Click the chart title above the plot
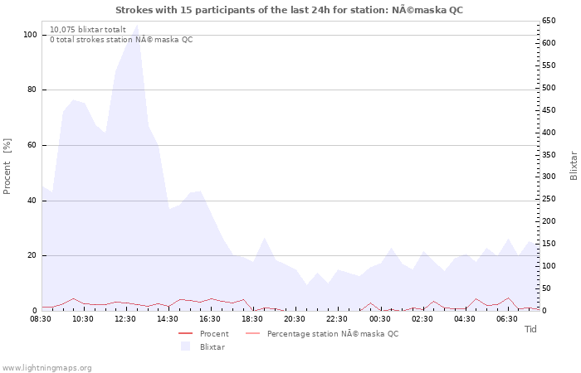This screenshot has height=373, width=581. tap(289, 10)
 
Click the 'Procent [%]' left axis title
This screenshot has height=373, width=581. tap(7, 166)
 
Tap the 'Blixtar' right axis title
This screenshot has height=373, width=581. tap(573, 166)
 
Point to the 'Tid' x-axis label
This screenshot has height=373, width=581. tap(530, 329)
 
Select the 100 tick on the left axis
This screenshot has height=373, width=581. tap(30, 35)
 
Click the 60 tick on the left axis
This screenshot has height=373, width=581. tap(32, 145)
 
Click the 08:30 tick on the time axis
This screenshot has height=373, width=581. tap(41, 318)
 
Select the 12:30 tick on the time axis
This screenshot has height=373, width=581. tap(125, 318)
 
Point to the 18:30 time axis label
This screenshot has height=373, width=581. tap(252, 318)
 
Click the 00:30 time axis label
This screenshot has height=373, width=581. tap(379, 318)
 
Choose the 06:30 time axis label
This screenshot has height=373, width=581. tap(506, 318)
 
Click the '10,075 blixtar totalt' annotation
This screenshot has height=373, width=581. tap(88, 29)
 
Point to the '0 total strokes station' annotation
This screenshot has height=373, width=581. tap(121, 40)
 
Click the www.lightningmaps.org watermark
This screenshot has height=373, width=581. tap(46, 367)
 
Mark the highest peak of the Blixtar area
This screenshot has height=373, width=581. tap(137, 25)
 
